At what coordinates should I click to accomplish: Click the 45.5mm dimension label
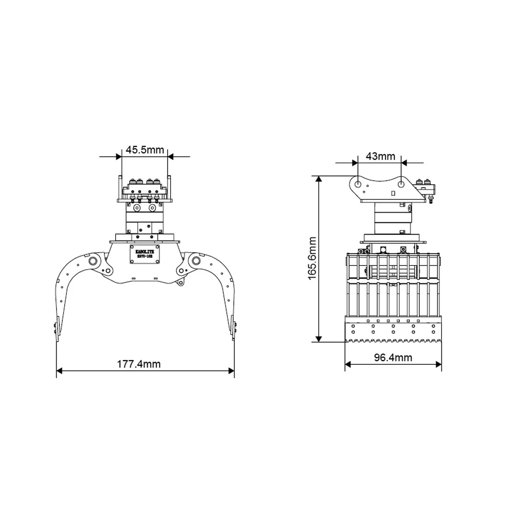[x=145, y=150]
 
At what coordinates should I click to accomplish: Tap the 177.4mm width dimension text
[x=145, y=363]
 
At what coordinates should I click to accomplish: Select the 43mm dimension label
[x=380, y=156]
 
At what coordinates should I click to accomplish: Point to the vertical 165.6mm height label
[x=313, y=258]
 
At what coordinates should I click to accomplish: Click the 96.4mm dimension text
[x=393, y=358]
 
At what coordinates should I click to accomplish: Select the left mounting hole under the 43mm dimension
[x=358, y=183]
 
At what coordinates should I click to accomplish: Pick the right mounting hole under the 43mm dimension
[x=402, y=183]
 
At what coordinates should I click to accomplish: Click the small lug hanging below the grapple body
[x=179, y=283]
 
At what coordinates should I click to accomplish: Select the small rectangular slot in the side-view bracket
[x=393, y=192]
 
